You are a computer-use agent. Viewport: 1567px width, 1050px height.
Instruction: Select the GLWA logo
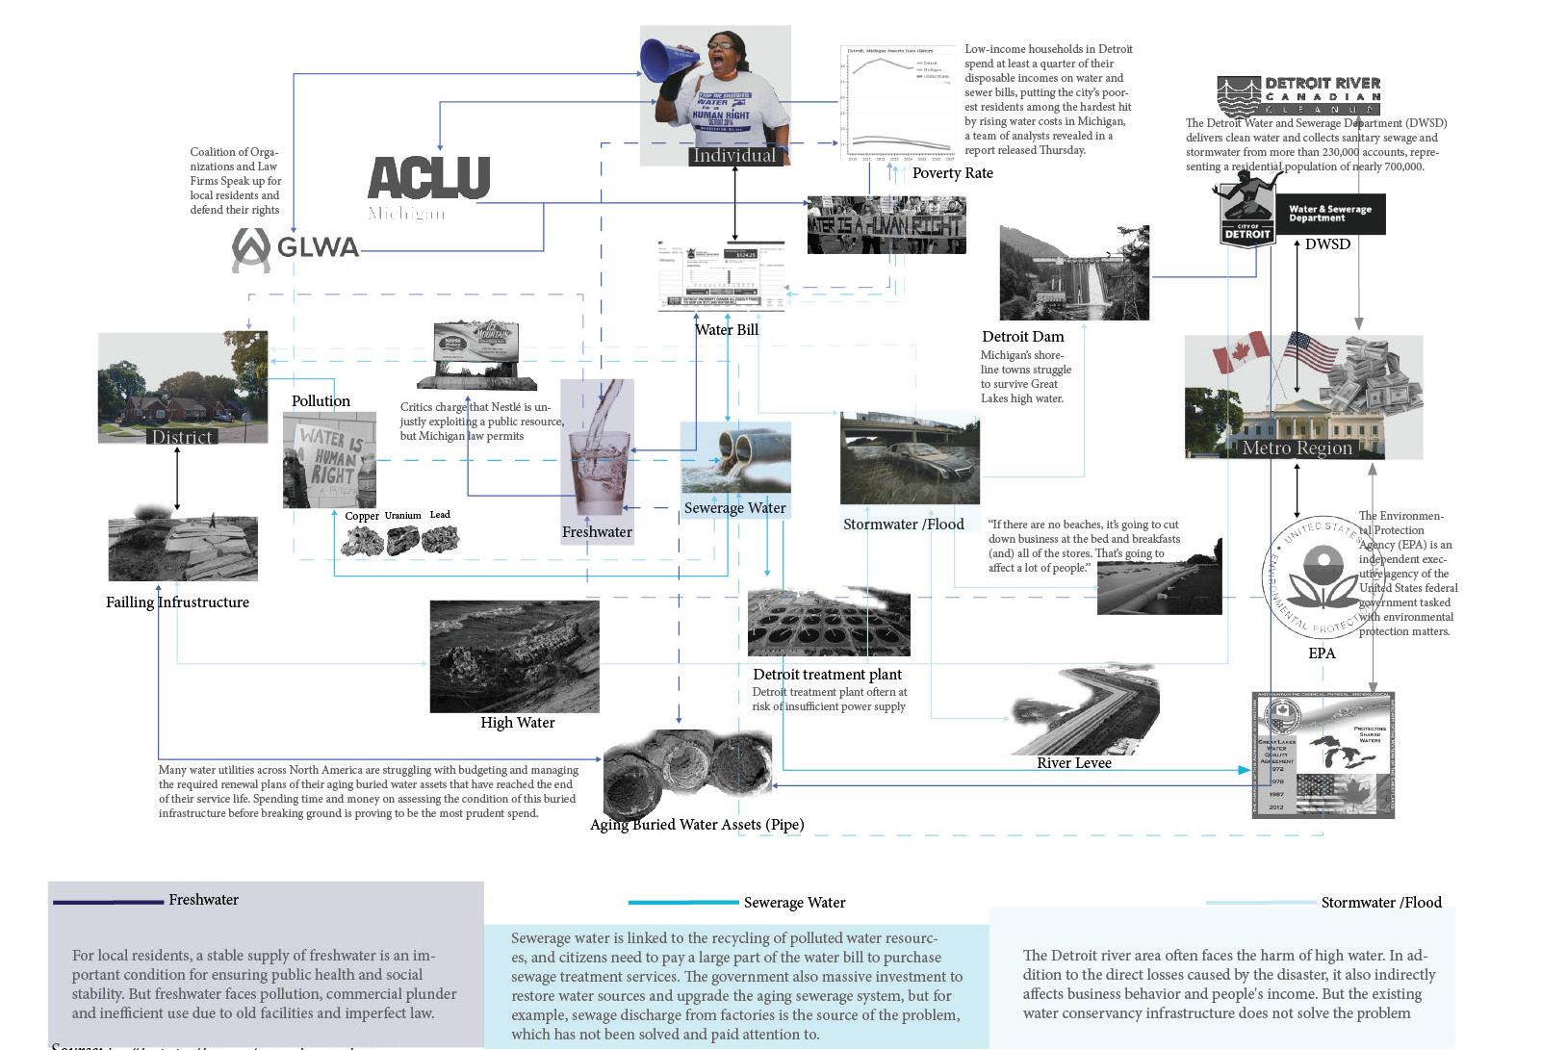click(295, 248)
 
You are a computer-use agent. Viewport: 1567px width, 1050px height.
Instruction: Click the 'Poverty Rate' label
click(952, 173)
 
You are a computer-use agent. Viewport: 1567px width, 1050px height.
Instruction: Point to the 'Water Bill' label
click(727, 330)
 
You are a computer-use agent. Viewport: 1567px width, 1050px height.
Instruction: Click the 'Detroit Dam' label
click(1022, 337)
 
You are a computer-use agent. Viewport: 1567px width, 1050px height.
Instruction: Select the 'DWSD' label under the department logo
click(1327, 244)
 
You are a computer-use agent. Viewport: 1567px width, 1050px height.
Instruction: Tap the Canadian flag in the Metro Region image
click(1242, 353)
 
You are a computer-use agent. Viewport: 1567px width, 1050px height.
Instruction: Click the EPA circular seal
click(1323, 577)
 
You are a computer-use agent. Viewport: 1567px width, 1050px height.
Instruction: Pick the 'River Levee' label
click(1073, 763)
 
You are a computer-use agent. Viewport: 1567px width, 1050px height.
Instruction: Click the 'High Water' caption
click(517, 723)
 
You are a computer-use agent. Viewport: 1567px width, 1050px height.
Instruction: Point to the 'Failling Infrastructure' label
click(177, 602)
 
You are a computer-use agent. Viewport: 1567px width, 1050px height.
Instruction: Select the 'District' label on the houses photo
click(182, 437)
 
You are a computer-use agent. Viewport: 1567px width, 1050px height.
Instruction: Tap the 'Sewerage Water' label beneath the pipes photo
click(734, 508)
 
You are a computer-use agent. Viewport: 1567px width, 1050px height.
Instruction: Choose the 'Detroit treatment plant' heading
click(827, 675)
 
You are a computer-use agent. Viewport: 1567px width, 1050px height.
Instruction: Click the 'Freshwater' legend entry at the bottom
click(203, 900)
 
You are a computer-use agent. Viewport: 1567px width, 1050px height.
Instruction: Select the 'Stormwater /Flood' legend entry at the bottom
click(1380, 903)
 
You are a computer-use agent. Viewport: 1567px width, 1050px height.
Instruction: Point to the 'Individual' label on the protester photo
click(733, 156)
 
